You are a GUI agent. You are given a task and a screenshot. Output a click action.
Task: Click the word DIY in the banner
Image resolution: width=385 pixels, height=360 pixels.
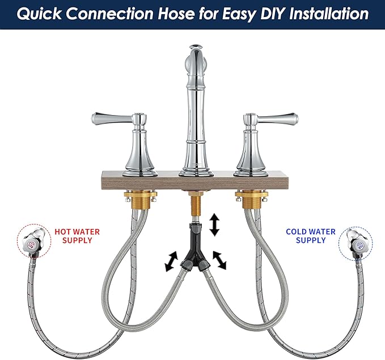coord(273,14)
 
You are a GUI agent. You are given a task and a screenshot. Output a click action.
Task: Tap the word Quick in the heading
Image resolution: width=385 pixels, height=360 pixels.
coord(39,14)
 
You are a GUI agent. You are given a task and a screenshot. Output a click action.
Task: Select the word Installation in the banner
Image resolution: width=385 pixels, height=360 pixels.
coord(329,14)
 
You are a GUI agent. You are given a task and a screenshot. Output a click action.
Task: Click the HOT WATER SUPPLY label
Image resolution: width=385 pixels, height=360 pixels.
coord(77,236)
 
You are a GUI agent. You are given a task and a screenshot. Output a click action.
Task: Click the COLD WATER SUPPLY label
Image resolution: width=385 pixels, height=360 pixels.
coord(311,236)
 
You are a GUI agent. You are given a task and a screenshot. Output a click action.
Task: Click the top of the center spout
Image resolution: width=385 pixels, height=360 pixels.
coord(196,46)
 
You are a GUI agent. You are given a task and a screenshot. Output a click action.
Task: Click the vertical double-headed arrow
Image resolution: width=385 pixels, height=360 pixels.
coord(215,225)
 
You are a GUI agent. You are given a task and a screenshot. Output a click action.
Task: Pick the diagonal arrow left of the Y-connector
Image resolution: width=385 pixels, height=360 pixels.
coord(171,261)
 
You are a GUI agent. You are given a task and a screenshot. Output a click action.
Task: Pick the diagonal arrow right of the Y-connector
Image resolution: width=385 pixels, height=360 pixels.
coord(219,260)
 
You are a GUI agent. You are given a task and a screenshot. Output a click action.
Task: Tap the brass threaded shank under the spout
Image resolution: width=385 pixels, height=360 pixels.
coord(196,205)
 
